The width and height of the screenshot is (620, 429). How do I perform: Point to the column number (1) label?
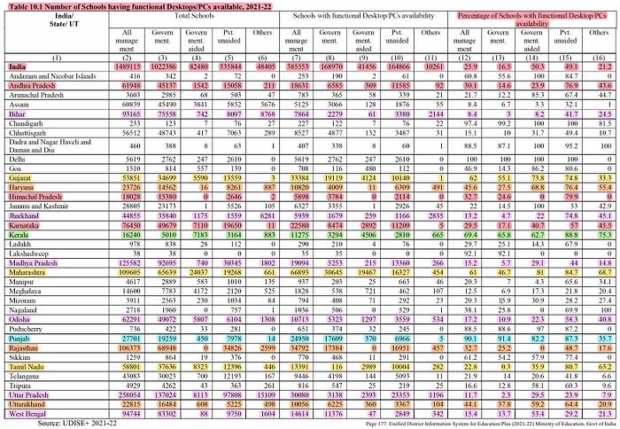pos(39,57)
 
